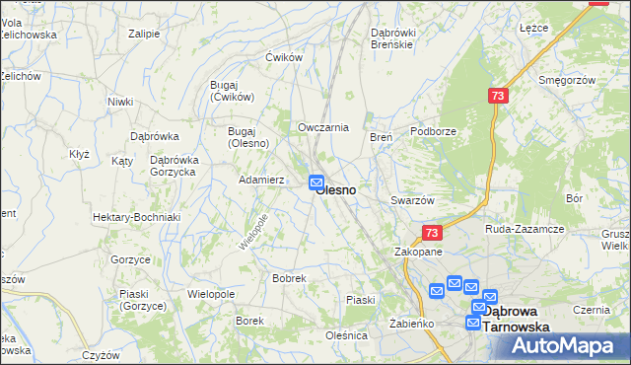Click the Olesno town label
tap(337, 188)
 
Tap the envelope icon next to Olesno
tap(316, 182)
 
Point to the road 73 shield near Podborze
tap(497, 96)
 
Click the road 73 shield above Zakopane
tap(431, 233)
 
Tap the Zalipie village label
tap(144, 33)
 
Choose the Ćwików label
tap(282, 57)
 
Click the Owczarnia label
tap(323, 127)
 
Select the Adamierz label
tap(262, 181)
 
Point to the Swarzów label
tap(412, 200)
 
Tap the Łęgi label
tap(533, 28)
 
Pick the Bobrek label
tap(289, 279)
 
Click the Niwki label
tap(120, 102)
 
